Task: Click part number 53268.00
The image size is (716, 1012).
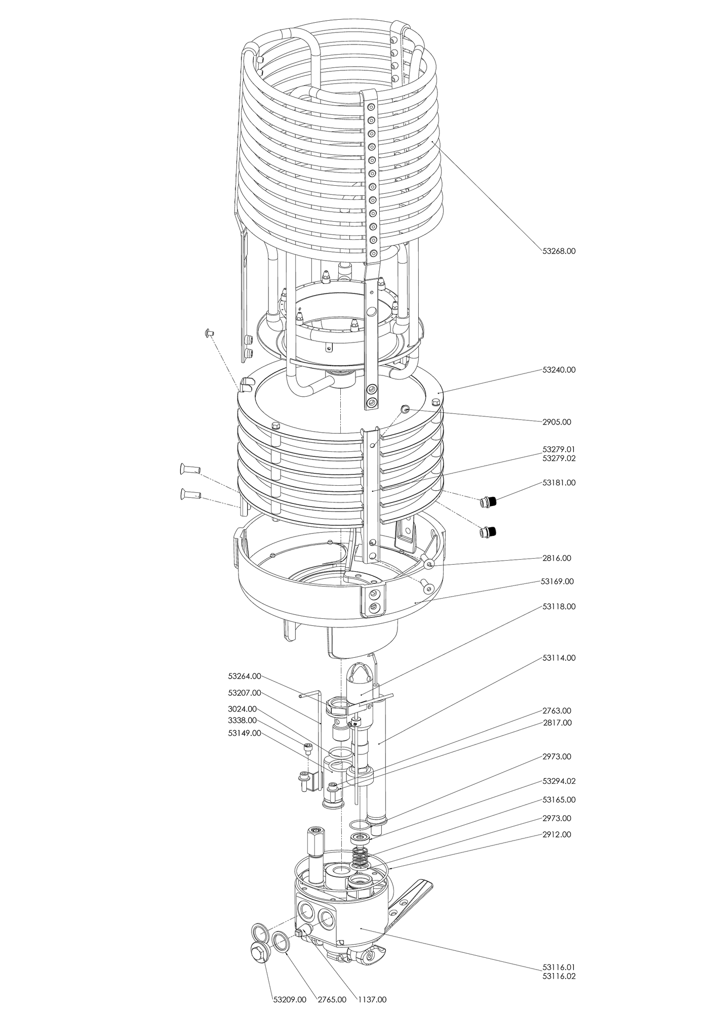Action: tap(559, 250)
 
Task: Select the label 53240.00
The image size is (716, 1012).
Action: tap(559, 370)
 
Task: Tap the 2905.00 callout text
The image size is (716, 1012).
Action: tap(556, 422)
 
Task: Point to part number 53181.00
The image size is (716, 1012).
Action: tap(559, 483)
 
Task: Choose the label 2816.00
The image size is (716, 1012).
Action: tap(556, 558)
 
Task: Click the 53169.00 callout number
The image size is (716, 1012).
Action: tap(557, 581)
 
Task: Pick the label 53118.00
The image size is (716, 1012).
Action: tap(559, 606)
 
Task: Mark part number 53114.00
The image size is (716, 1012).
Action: tap(559, 658)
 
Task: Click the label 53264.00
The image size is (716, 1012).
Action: tap(245, 676)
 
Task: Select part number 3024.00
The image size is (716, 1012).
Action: tap(242, 708)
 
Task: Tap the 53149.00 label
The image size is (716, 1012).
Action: tap(245, 733)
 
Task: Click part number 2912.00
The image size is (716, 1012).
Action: tap(556, 834)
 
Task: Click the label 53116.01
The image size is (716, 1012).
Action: tap(559, 966)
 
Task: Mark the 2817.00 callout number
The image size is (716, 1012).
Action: tap(557, 723)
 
